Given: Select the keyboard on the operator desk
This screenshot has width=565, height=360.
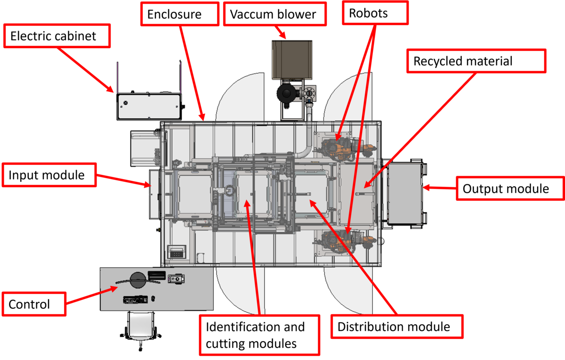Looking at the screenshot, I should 136,299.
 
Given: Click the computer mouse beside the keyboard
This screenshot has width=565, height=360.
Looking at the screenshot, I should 153,298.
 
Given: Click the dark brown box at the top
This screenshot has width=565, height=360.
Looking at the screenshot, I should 292,59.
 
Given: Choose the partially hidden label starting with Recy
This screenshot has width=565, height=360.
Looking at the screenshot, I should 476,61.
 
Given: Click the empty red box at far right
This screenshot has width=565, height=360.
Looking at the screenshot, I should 509,188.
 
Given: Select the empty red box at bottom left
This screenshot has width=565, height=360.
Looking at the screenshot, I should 32,303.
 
